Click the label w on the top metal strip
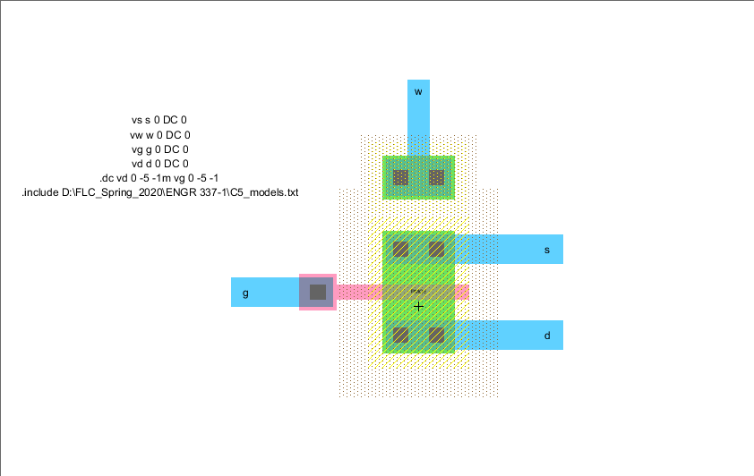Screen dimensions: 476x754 click(x=417, y=92)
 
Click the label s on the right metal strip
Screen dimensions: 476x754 click(x=547, y=250)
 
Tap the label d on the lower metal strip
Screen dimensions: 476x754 click(x=547, y=336)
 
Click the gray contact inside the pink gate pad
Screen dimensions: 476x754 click(x=317, y=292)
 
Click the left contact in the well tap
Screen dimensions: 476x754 click(x=401, y=177)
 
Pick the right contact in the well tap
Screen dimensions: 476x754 click(x=436, y=177)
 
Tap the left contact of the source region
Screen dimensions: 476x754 click(x=401, y=249)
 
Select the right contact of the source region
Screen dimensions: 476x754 click(x=436, y=249)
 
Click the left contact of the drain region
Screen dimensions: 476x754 click(x=401, y=336)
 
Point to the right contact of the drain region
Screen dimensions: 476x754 click(x=436, y=336)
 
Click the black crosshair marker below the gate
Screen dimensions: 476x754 click(x=418, y=306)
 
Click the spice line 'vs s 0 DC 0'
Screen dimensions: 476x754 click(x=159, y=119)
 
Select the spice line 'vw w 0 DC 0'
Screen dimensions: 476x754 click(x=159, y=134)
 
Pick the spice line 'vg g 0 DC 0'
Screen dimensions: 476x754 click(x=159, y=149)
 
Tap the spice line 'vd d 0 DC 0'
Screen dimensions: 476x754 click(x=159, y=164)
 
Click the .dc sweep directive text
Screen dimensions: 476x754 click(x=159, y=178)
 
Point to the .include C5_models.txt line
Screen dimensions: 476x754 click(x=159, y=192)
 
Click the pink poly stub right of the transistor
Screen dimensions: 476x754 click(x=462, y=292)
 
